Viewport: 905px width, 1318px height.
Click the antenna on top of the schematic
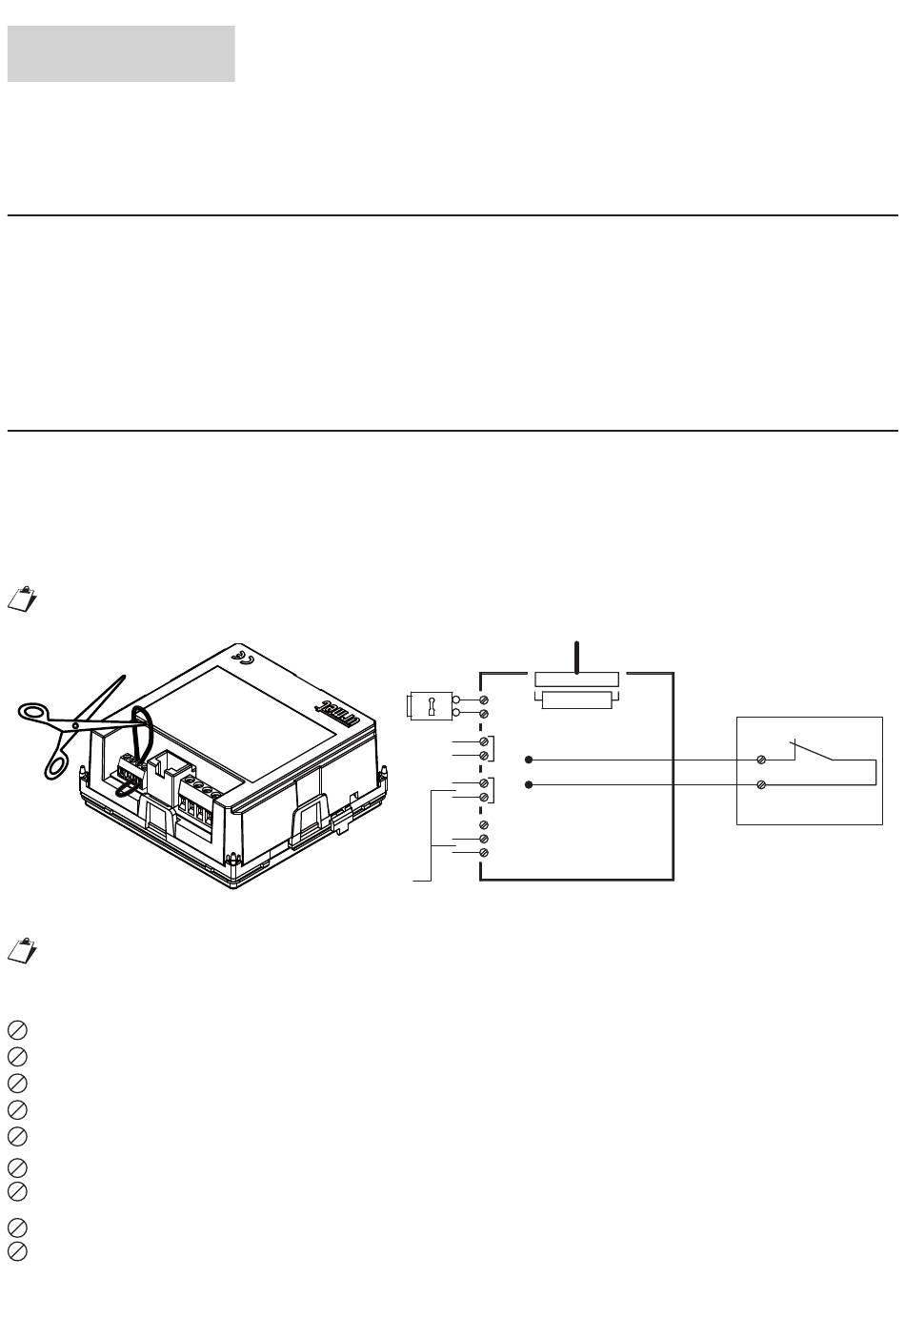[x=576, y=657]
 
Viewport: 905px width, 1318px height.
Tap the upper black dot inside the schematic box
[x=529, y=760]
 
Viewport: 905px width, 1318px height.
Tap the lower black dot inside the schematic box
[x=529, y=784]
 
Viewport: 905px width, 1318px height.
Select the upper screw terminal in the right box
[x=762, y=760]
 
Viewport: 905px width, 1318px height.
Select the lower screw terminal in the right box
[x=762, y=784]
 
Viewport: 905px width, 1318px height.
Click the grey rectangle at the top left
[x=121, y=53]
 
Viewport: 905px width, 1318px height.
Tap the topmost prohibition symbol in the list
[x=16, y=1030]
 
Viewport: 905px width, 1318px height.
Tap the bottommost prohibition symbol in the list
[x=16, y=1251]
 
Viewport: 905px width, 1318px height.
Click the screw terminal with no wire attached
[x=484, y=823]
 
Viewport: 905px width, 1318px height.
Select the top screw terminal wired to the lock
[x=484, y=700]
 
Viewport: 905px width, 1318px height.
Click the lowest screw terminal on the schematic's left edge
[x=484, y=852]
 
